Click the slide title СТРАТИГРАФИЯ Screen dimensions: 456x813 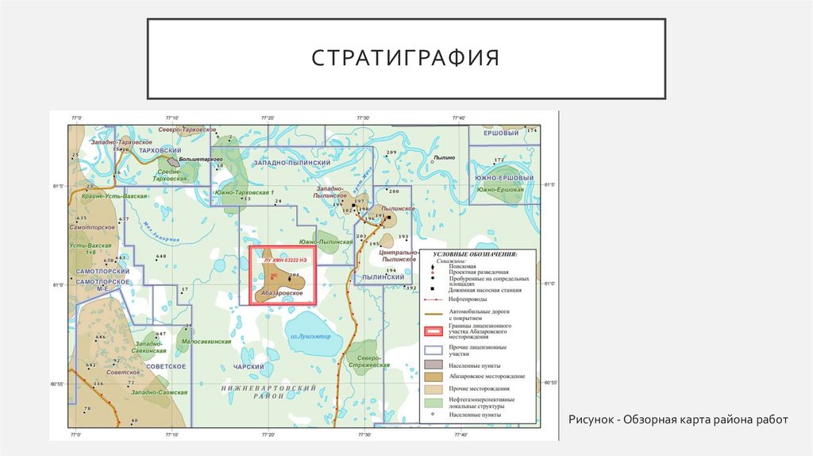click(x=405, y=59)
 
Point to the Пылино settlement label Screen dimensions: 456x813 click(x=445, y=158)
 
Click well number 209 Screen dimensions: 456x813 click(x=391, y=152)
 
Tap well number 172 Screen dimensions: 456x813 click(x=499, y=160)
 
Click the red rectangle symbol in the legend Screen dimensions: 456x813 click(x=433, y=329)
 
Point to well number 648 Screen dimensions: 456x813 click(x=161, y=256)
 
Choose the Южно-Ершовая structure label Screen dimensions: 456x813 click(x=499, y=189)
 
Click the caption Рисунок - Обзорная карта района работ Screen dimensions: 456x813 click(x=677, y=419)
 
